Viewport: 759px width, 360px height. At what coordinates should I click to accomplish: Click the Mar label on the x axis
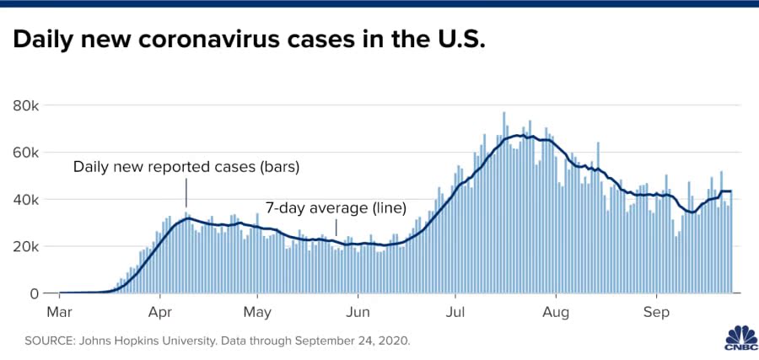59,313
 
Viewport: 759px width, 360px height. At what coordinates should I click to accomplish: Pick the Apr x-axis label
160,313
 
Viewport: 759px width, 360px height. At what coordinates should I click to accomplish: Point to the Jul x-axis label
455,313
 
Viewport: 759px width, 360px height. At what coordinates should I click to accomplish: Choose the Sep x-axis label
656,313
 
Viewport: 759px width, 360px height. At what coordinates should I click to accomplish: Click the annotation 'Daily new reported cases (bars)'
186,166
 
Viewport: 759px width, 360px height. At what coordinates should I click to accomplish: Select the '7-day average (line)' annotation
336,207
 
